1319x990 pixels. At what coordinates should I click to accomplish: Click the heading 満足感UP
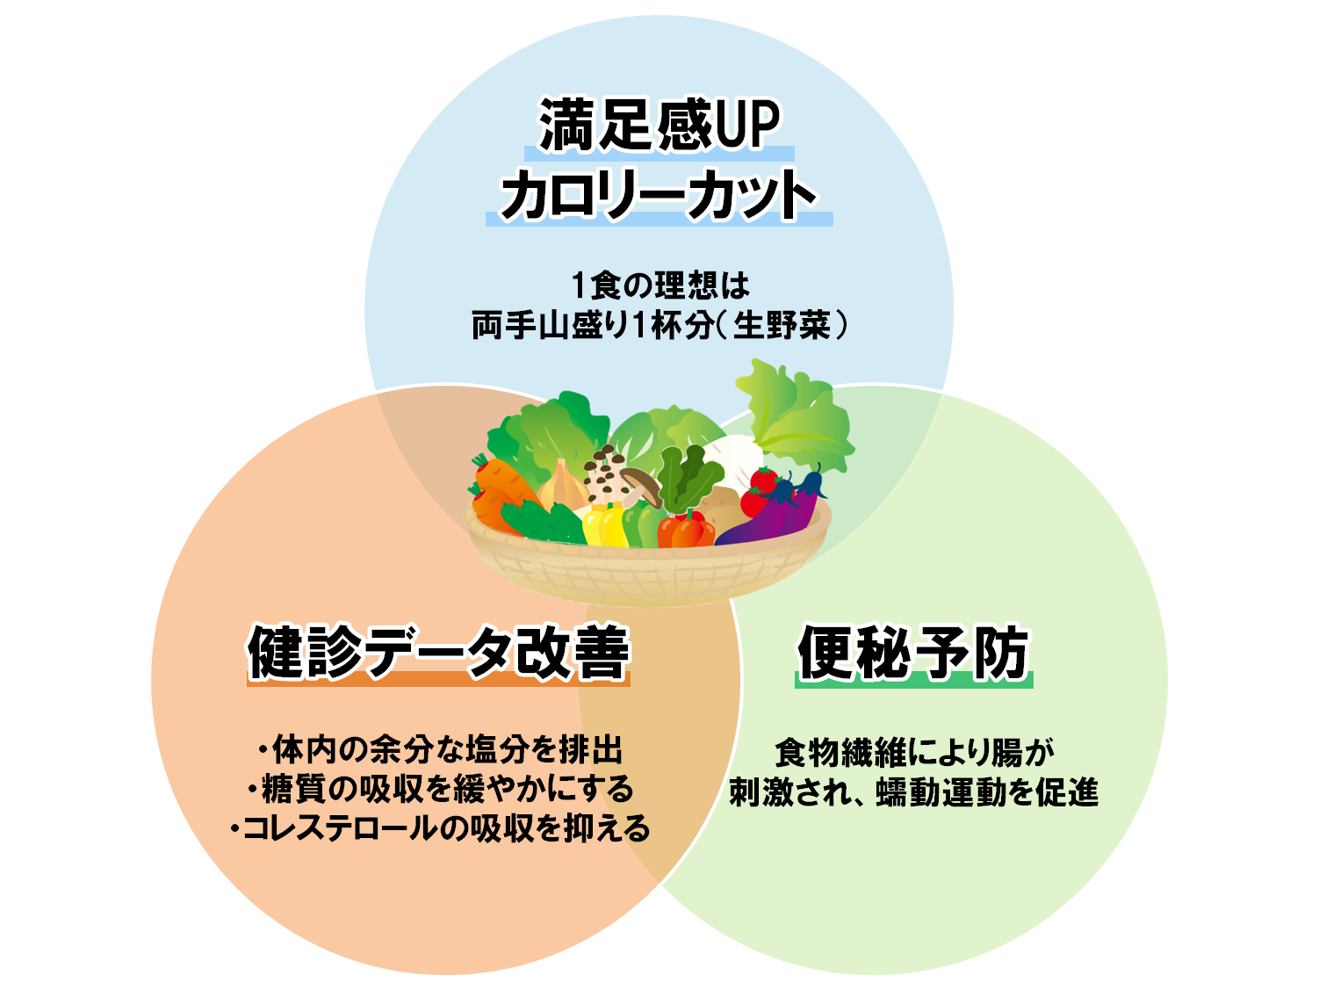[x=658, y=126]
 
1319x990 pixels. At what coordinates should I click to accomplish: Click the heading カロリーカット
[x=658, y=195]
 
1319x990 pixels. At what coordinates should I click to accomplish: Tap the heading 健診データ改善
[x=438, y=652]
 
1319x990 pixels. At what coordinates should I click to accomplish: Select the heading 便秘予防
[x=913, y=652]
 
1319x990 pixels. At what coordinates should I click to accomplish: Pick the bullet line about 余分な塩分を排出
[x=440, y=750]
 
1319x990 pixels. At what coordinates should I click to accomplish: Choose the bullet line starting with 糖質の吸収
[x=440, y=789]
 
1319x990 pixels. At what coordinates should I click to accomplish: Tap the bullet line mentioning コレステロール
[x=440, y=827]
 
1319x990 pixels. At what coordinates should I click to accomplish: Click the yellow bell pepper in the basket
[x=603, y=525]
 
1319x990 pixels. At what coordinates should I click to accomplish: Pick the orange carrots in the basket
[x=497, y=488]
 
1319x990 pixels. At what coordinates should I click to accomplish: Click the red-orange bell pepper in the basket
[x=685, y=530]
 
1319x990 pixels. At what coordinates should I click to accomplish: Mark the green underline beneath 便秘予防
[x=913, y=681]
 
